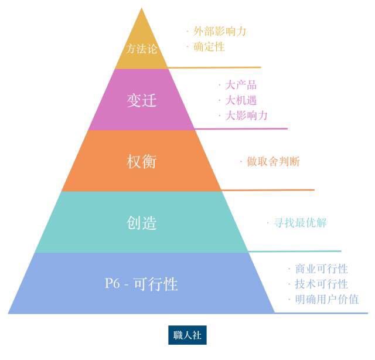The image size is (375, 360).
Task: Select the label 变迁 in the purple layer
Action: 142,100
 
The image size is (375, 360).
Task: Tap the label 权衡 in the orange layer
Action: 142,161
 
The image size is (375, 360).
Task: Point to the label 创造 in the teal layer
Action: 142,223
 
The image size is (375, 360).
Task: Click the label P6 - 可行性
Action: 141,284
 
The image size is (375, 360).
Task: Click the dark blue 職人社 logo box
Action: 187,335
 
